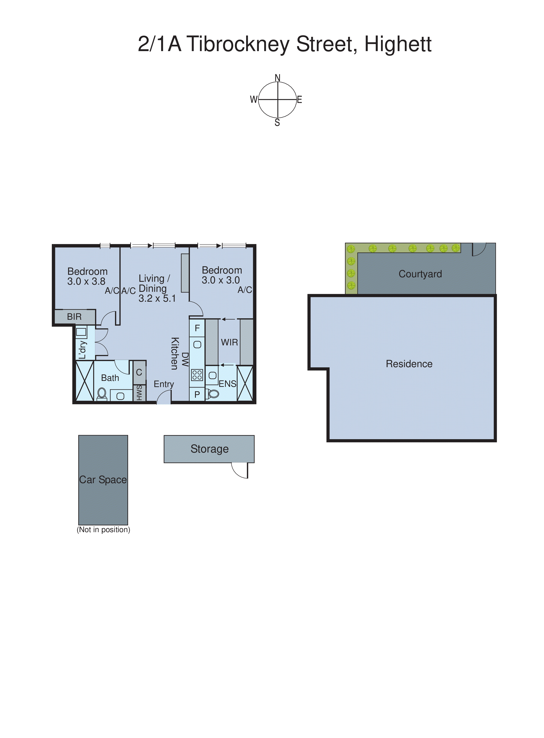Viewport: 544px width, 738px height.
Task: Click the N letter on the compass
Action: (x=278, y=78)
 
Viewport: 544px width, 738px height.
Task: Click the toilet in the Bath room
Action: (x=102, y=394)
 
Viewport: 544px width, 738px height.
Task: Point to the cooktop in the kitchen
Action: (x=197, y=375)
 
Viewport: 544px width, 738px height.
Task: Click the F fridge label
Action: (x=197, y=328)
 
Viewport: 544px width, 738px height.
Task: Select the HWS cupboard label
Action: (x=139, y=393)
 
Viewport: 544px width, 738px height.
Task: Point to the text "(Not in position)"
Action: (x=103, y=530)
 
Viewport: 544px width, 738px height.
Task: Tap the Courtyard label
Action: (x=420, y=274)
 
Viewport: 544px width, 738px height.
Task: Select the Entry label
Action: (x=164, y=384)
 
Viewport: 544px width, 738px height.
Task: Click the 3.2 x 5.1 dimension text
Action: (x=157, y=299)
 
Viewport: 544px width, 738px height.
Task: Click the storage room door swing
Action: (x=240, y=470)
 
